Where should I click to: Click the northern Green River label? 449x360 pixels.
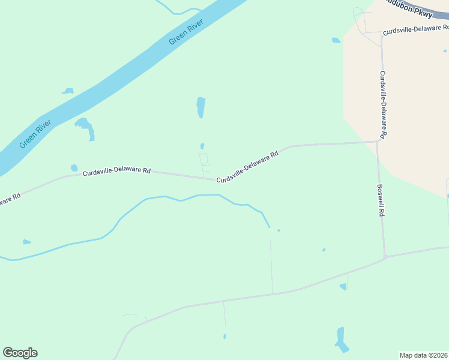coord(187,32)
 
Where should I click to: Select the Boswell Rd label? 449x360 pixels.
coord(381,200)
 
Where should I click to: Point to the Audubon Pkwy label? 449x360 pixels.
coord(409,10)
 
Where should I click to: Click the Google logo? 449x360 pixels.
coord(20,353)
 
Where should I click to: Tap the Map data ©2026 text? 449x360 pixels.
coord(424,355)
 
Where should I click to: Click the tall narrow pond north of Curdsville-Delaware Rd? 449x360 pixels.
coord(200,107)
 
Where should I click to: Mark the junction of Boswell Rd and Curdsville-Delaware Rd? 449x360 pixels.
coord(378,142)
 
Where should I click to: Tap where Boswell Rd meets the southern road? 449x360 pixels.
coord(385,257)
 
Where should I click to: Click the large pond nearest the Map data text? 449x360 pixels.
coord(342,340)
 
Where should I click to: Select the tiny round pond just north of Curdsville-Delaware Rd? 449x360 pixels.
coord(74,168)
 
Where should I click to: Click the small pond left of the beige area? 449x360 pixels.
coord(336,40)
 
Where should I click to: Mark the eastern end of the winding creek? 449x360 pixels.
coord(270,227)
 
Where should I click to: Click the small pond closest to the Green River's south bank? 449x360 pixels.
coord(68,91)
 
